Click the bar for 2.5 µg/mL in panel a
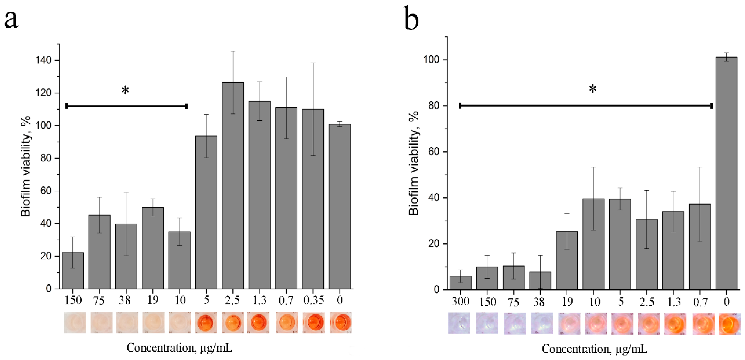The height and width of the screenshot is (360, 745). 233,185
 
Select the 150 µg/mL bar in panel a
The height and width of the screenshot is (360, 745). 73,271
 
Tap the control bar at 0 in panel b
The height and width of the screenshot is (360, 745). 726,174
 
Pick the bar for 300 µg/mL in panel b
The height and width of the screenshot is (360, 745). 460,283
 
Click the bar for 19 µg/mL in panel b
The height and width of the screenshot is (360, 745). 567,260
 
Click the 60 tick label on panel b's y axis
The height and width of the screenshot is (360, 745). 434,152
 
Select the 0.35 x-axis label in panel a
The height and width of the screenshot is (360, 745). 314,300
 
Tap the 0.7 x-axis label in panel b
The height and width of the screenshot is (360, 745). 700,302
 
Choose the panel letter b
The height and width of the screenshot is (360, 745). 411,19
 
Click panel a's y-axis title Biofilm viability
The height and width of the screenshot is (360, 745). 26,166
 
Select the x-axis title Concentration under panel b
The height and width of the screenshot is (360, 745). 594,349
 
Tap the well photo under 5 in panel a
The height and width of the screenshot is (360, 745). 206,322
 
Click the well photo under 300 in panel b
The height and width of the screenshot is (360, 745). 459,323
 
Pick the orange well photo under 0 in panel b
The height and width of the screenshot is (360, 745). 729,324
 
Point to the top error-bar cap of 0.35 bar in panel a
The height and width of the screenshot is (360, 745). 313,63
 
